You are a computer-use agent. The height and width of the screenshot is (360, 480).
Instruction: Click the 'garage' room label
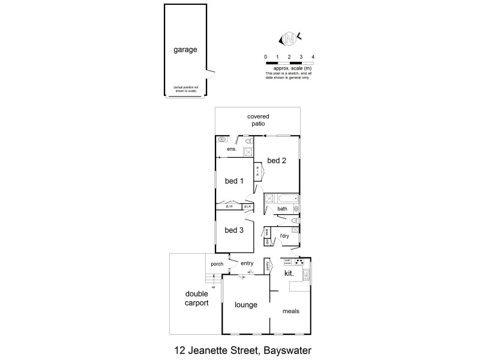click(185, 50)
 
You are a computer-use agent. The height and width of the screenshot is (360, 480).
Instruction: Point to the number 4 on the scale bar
click(313, 56)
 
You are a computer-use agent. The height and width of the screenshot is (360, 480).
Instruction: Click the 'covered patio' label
click(258, 119)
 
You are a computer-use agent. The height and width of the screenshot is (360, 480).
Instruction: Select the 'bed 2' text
click(276, 160)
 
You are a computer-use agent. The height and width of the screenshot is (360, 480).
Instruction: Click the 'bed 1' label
click(234, 181)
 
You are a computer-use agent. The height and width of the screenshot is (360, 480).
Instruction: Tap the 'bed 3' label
click(234, 230)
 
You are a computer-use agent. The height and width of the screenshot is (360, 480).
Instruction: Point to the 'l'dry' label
click(284, 236)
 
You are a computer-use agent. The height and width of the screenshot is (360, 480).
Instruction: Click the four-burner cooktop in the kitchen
click(300, 262)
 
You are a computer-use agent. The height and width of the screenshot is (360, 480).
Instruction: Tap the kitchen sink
click(307, 275)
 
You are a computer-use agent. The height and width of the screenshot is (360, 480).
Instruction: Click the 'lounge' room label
click(246, 305)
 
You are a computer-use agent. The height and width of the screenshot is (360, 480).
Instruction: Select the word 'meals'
click(291, 311)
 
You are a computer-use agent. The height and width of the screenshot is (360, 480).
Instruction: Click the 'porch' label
click(217, 263)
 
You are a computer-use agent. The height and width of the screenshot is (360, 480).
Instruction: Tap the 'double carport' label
click(196, 299)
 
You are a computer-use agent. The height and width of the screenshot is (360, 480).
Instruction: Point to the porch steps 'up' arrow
click(205, 286)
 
